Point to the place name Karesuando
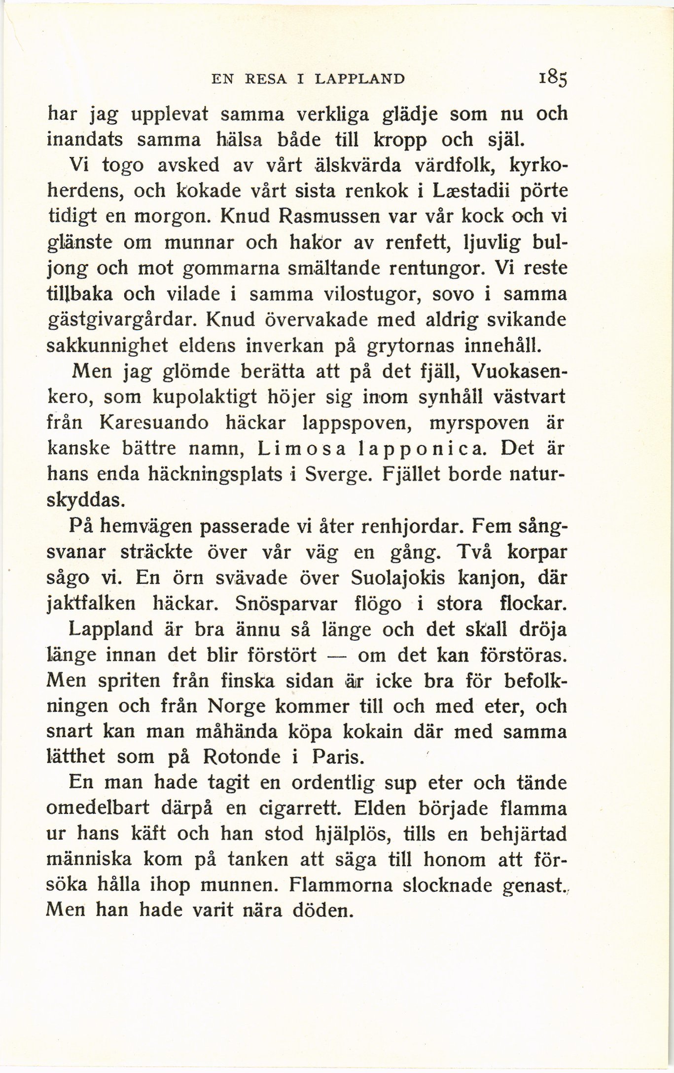click(x=153, y=423)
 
